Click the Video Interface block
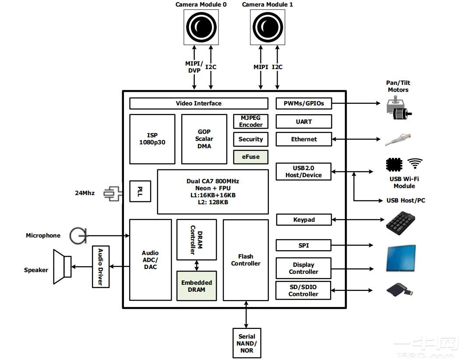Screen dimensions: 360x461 pos(199,104)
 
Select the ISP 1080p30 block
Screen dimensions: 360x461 pos(152,139)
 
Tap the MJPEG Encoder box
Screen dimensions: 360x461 pos(250,122)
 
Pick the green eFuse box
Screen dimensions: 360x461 pos(250,157)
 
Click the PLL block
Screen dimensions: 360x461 pos(140,191)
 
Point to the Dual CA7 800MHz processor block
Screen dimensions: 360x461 pos(213,192)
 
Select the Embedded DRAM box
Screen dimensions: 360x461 pos(197,286)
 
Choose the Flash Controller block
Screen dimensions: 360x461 pos(246,260)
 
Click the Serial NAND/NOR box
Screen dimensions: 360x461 pos(247,343)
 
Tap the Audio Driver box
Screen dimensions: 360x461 pos(100,267)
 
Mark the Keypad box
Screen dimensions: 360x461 pos(304,220)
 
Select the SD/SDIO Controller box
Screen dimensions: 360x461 pos(303,290)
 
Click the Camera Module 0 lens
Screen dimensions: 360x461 pos(201,26)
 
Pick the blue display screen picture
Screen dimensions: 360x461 pos(401,259)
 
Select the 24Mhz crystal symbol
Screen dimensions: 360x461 pos(113,193)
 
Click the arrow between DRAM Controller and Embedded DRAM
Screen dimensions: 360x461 pos(197,266)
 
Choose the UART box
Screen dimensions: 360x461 pos(304,122)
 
